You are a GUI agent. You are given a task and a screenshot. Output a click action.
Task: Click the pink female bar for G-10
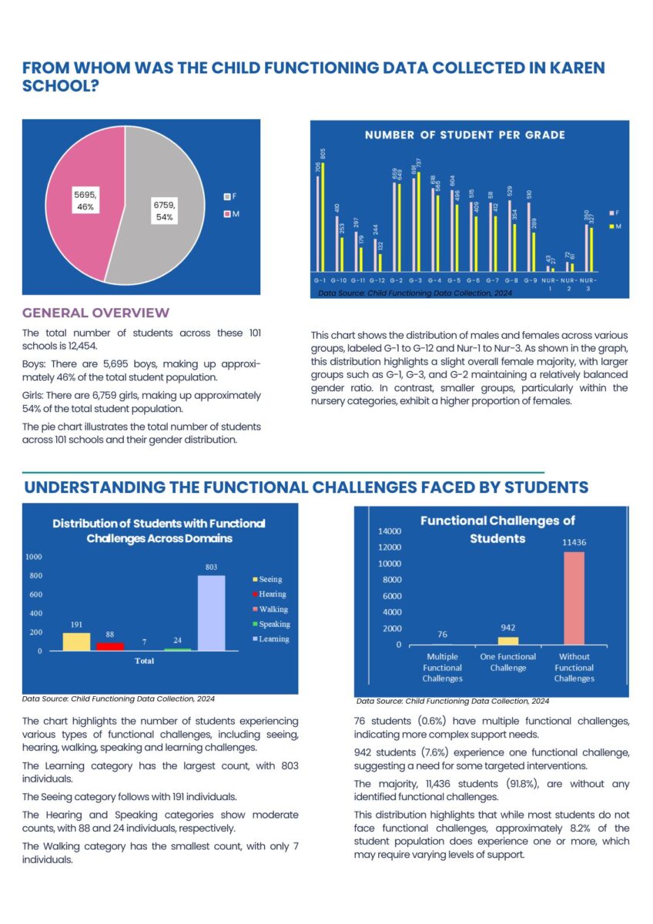click(337, 243)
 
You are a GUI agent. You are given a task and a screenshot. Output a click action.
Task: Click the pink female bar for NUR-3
click(586, 248)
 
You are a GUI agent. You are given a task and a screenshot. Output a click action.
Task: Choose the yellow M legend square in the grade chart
click(611, 226)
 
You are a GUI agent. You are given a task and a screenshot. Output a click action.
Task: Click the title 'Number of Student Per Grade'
click(464, 136)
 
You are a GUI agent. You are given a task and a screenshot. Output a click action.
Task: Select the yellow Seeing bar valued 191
click(76, 642)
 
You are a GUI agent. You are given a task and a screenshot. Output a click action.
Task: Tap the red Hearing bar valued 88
click(110, 647)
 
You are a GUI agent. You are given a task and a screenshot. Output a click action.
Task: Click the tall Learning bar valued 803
click(211, 613)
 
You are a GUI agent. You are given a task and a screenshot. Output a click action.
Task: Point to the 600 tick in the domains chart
click(35, 594)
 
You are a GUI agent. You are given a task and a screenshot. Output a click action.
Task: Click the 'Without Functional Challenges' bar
click(574, 598)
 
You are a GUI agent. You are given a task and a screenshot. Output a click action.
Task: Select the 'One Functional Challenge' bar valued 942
click(508, 641)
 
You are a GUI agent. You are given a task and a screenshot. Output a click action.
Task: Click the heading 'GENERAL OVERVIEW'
click(95, 313)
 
